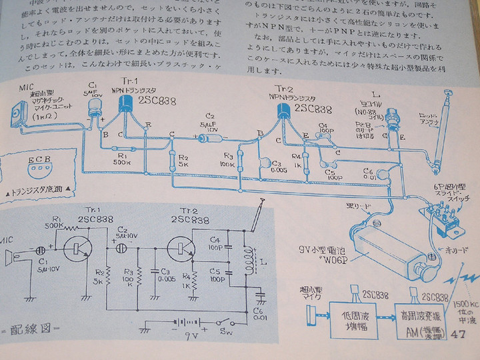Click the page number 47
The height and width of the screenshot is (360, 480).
459,335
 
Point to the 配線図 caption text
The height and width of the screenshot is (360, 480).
33,331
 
